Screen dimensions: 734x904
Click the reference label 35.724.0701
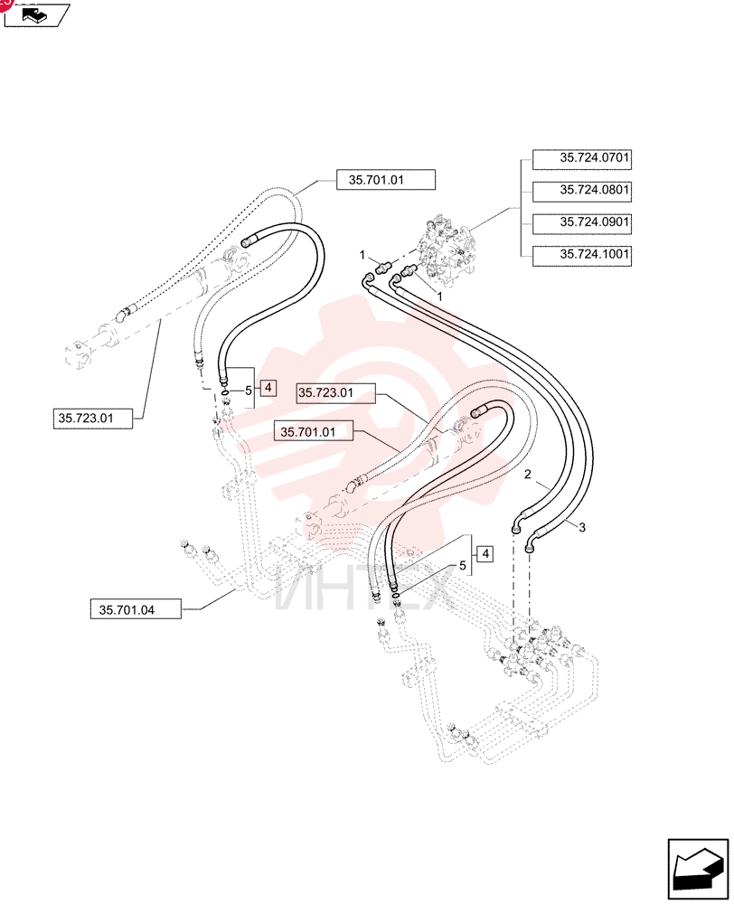tap(582, 159)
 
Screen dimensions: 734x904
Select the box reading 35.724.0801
tap(582, 192)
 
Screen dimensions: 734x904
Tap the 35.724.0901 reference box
tap(582, 223)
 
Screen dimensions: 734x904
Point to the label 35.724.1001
tap(582, 256)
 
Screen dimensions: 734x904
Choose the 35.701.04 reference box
tap(136, 609)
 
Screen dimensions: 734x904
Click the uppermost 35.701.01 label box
tap(386, 180)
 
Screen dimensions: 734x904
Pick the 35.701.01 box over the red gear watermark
tap(313, 431)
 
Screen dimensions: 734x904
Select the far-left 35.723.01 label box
tap(92, 418)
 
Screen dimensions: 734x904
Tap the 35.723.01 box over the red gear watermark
tap(335, 392)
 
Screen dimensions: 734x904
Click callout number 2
tap(528, 475)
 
